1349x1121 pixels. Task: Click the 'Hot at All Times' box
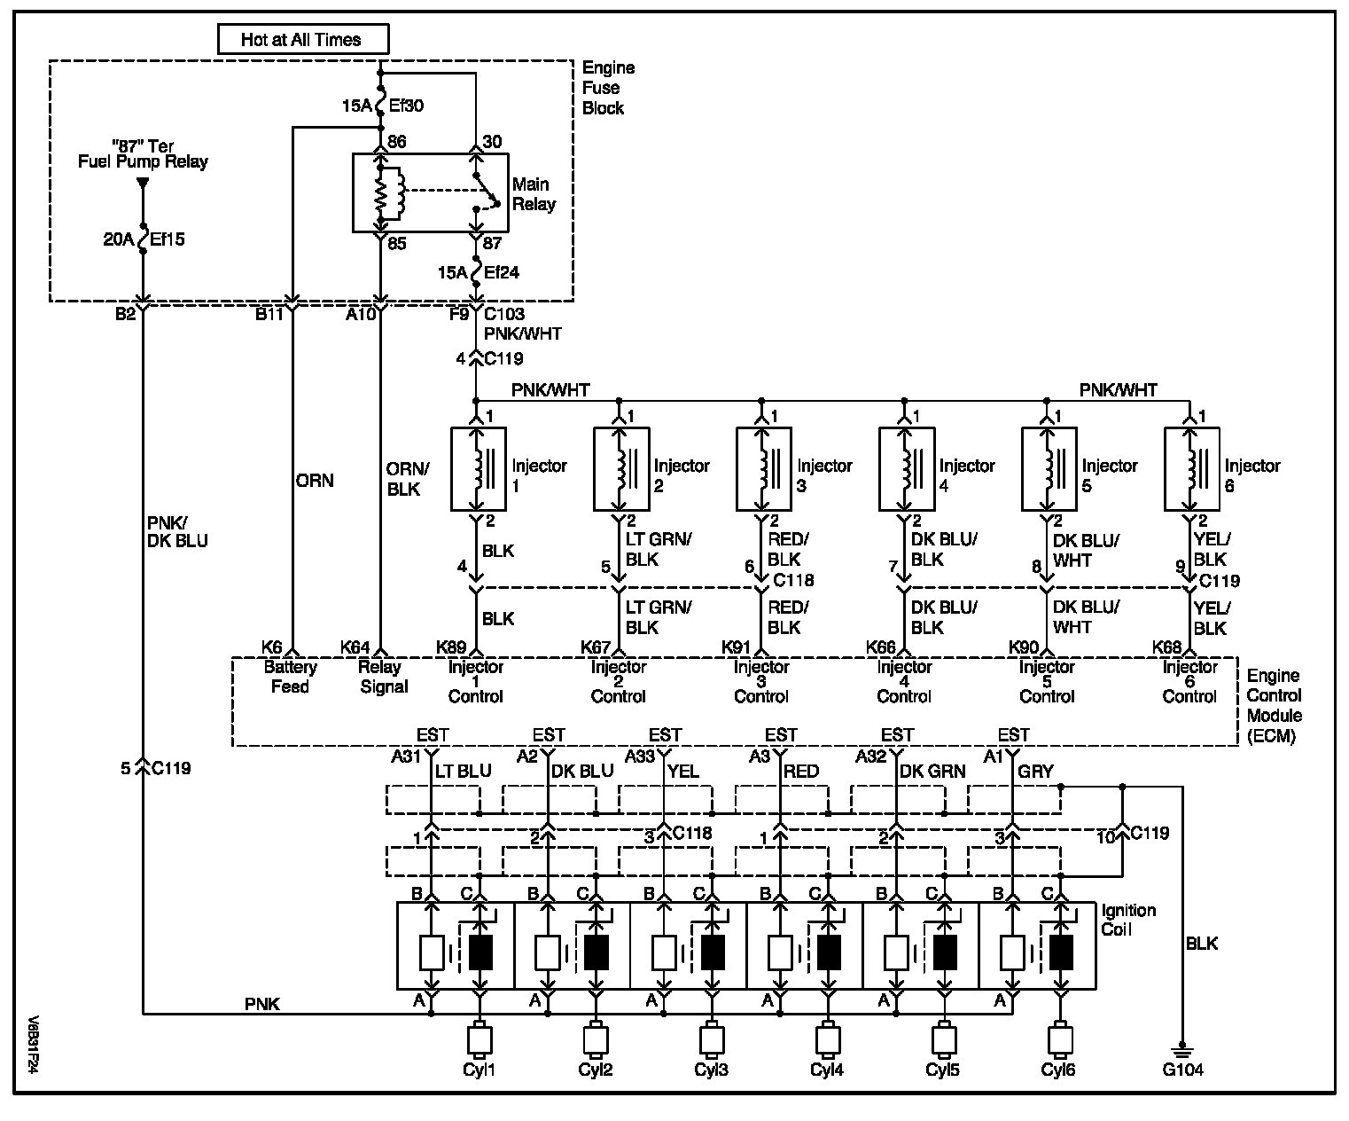click(303, 39)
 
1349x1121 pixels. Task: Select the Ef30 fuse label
click(406, 106)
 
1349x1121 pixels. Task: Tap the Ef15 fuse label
click(167, 239)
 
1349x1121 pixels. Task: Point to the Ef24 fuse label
click(502, 272)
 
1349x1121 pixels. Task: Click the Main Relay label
click(534, 194)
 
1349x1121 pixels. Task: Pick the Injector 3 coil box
click(764, 468)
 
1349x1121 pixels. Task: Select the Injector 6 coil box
click(1191, 468)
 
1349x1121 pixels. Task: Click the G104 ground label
click(1182, 1070)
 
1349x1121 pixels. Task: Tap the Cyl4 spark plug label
click(826, 1070)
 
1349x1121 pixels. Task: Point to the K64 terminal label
click(355, 647)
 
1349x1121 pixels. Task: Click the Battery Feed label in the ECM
click(290, 676)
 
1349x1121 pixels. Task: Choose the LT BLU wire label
click(464, 772)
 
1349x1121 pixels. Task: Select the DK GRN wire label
click(932, 772)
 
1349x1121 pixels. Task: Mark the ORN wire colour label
click(315, 481)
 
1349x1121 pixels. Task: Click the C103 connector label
click(504, 314)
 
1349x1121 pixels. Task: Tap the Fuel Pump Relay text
click(143, 161)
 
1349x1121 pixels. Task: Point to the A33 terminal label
click(640, 756)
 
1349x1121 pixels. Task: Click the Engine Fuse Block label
click(608, 88)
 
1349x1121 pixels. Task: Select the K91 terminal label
click(736, 647)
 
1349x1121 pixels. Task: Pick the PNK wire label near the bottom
click(262, 1004)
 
